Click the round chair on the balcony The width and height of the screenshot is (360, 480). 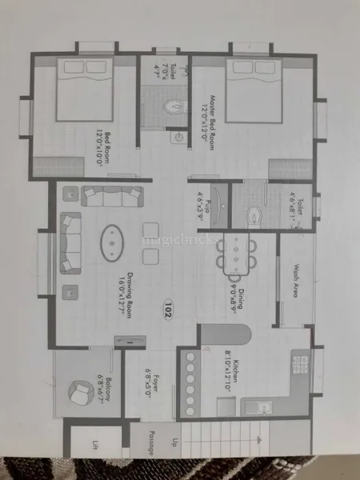81,393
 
